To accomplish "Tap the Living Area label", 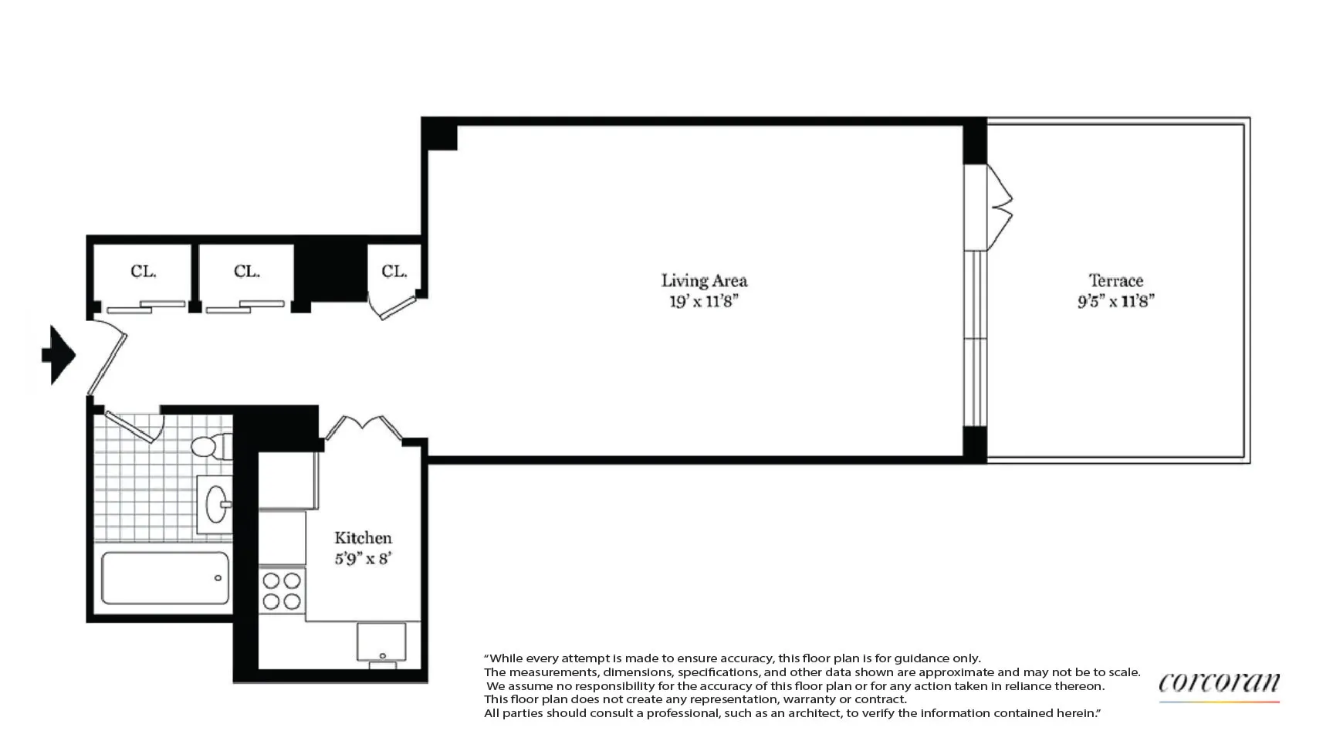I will [x=704, y=281].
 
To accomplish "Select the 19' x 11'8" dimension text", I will [x=704, y=301].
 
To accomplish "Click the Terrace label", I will [x=1115, y=281].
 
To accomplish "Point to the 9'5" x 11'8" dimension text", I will [x=1115, y=301].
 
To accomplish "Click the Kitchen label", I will [x=363, y=538].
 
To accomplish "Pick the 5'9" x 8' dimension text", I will [x=363, y=558].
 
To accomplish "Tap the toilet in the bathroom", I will [x=210, y=446].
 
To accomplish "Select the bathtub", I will [x=165, y=577].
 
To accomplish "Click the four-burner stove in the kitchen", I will [x=282, y=590].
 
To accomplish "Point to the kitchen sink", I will [x=381, y=642].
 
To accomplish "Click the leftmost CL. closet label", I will [x=144, y=272].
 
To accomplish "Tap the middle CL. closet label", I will [x=247, y=272].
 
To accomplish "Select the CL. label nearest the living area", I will [x=394, y=272].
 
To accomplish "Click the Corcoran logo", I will [x=1219, y=684].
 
